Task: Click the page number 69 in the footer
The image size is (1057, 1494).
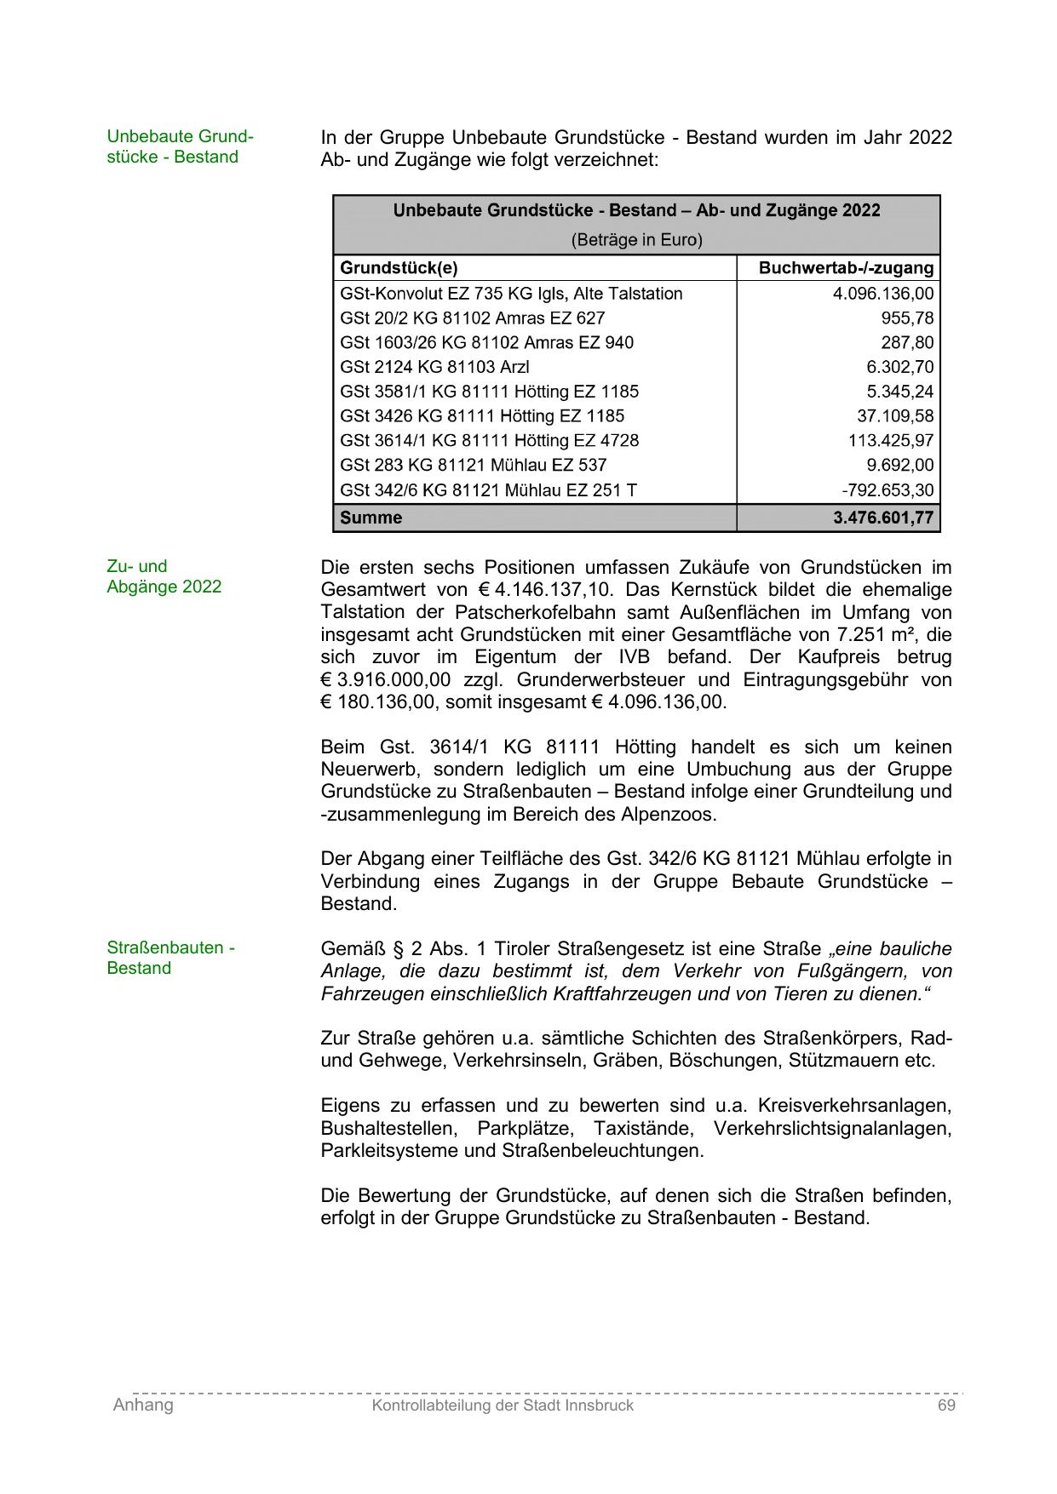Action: pos(946,1405)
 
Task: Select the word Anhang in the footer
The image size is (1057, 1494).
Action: pos(143,1405)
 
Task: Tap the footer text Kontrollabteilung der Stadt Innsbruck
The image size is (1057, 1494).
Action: pos(503,1405)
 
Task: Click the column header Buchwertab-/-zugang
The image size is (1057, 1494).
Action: pos(845,268)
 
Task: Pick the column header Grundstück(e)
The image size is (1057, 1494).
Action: pos(399,268)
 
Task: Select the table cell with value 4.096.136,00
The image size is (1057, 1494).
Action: pos(882,294)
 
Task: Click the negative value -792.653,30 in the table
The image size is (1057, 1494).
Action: pos(887,490)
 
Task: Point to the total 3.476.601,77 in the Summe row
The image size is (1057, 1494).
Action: pos(882,518)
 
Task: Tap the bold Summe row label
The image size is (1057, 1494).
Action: pos(371,518)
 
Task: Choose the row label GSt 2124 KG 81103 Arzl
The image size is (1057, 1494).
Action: pos(434,367)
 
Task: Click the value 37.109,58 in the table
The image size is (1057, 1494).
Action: pos(894,416)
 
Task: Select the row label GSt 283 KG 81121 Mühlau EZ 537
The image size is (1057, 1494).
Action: pos(473,466)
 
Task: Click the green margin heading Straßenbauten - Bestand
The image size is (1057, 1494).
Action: pos(170,958)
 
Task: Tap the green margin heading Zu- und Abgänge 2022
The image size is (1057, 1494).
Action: pos(164,576)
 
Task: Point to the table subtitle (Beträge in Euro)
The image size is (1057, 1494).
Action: pos(636,240)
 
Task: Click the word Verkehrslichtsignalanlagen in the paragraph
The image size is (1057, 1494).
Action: pos(832,1129)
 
